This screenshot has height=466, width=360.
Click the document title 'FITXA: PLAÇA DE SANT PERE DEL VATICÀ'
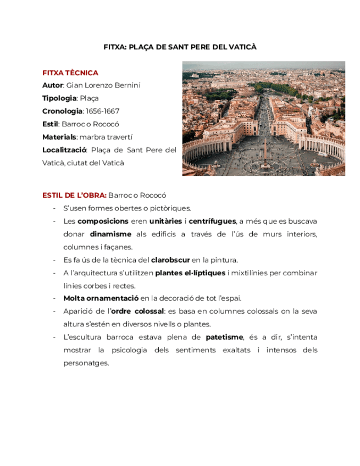180,47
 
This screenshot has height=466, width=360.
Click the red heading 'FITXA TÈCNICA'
70,73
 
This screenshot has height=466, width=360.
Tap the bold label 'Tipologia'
59,98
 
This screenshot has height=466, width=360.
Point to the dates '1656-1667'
103,111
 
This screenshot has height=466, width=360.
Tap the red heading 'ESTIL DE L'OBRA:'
74,195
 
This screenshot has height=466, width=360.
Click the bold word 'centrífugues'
212,221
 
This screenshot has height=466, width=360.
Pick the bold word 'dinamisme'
110,234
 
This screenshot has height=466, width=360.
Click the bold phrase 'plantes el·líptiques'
190,273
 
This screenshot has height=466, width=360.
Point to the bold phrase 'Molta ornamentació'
101,298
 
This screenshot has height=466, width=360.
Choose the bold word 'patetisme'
224,337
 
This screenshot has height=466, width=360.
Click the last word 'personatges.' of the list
86,363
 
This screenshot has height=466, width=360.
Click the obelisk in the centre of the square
265,149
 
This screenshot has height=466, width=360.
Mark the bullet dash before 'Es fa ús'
54,260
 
